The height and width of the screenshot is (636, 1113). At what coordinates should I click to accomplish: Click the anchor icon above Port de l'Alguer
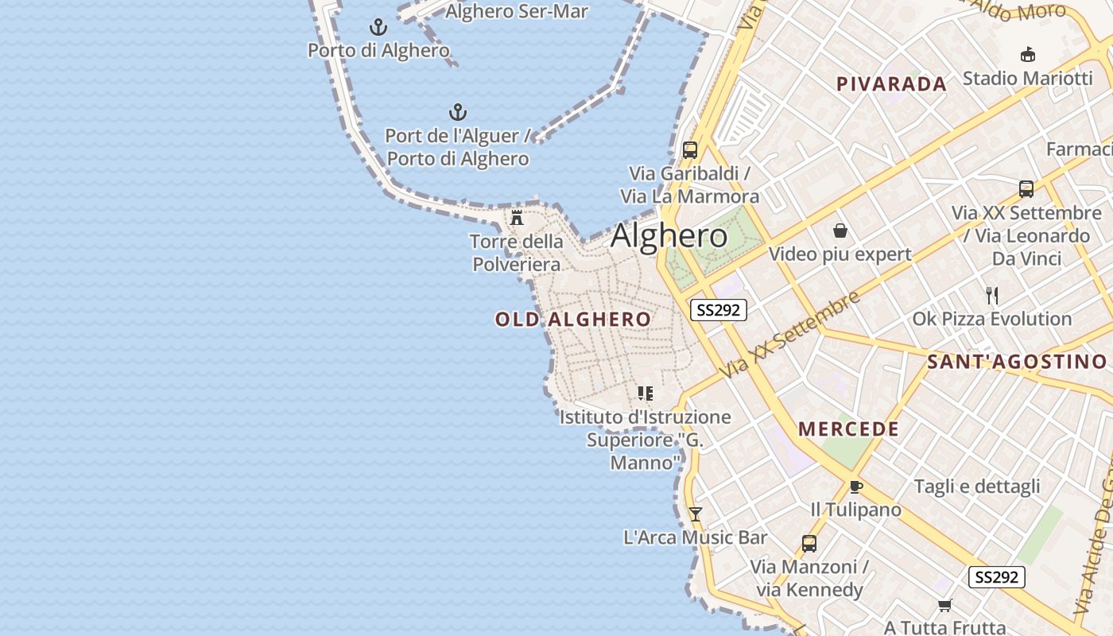[458, 112]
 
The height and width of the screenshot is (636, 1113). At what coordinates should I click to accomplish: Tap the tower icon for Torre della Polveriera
[517, 217]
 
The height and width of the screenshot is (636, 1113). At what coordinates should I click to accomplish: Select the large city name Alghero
[669, 236]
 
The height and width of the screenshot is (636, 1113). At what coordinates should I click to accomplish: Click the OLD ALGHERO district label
[573, 320]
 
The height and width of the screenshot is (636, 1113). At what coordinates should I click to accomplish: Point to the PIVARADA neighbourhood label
[891, 84]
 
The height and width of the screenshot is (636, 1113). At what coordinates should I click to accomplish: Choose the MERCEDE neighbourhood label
[849, 429]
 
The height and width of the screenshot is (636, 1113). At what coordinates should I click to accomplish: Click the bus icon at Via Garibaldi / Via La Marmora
[690, 149]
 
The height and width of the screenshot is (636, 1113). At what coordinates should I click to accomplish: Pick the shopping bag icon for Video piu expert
[840, 231]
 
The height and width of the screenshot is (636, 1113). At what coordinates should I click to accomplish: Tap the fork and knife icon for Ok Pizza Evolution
[991, 296]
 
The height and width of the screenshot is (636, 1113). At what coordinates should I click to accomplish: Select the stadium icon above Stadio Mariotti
[1027, 54]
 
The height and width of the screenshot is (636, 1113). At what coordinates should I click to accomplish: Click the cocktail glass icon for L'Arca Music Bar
[696, 514]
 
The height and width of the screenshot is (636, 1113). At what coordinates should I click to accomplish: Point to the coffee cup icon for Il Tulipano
[855, 487]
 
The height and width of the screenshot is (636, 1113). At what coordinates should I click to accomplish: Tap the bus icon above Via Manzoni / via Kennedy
[809, 544]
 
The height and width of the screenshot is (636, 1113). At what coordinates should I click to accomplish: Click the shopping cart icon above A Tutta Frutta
[944, 606]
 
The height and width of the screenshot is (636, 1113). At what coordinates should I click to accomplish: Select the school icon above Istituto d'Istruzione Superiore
[645, 393]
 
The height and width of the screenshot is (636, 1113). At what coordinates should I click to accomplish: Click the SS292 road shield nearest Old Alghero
[719, 310]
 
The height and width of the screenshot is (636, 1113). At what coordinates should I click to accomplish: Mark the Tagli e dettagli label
[977, 487]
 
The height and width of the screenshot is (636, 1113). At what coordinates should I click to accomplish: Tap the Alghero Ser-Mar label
[517, 11]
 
